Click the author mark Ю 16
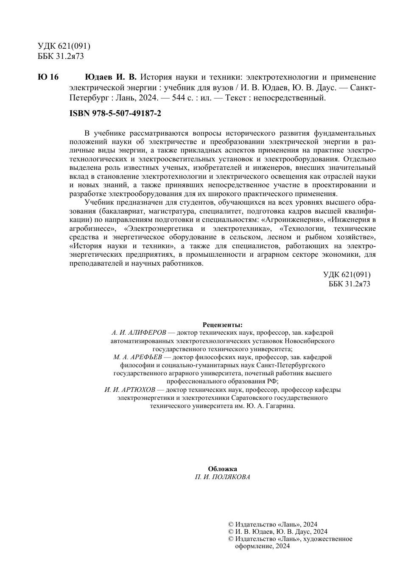tap(48, 77)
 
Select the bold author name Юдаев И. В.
tap(111, 77)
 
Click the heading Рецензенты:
tap(222, 325)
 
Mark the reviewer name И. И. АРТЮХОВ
tap(130, 390)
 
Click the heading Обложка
tap(222, 469)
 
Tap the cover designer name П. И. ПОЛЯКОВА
tap(222, 477)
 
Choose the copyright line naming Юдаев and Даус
tap(277, 532)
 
